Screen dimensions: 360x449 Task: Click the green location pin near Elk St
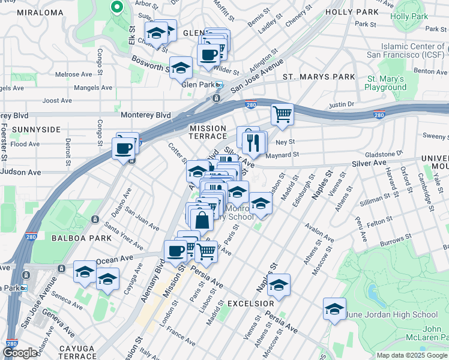pos(116,7)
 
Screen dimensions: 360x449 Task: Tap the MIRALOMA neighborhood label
pos(41,12)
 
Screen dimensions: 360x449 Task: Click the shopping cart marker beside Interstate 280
pos(282,113)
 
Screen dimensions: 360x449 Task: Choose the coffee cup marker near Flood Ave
pos(124,148)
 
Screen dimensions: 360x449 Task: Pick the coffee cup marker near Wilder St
pos(208,55)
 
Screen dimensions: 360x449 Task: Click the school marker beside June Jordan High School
pos(334,309)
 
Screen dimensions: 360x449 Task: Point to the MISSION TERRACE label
pos(208,133)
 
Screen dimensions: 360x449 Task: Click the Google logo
pos(19,353)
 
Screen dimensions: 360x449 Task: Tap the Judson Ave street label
pos(20,172)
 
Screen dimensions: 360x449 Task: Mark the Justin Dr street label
pos(342,105)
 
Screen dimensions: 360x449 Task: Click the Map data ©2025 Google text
pos(412,355)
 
